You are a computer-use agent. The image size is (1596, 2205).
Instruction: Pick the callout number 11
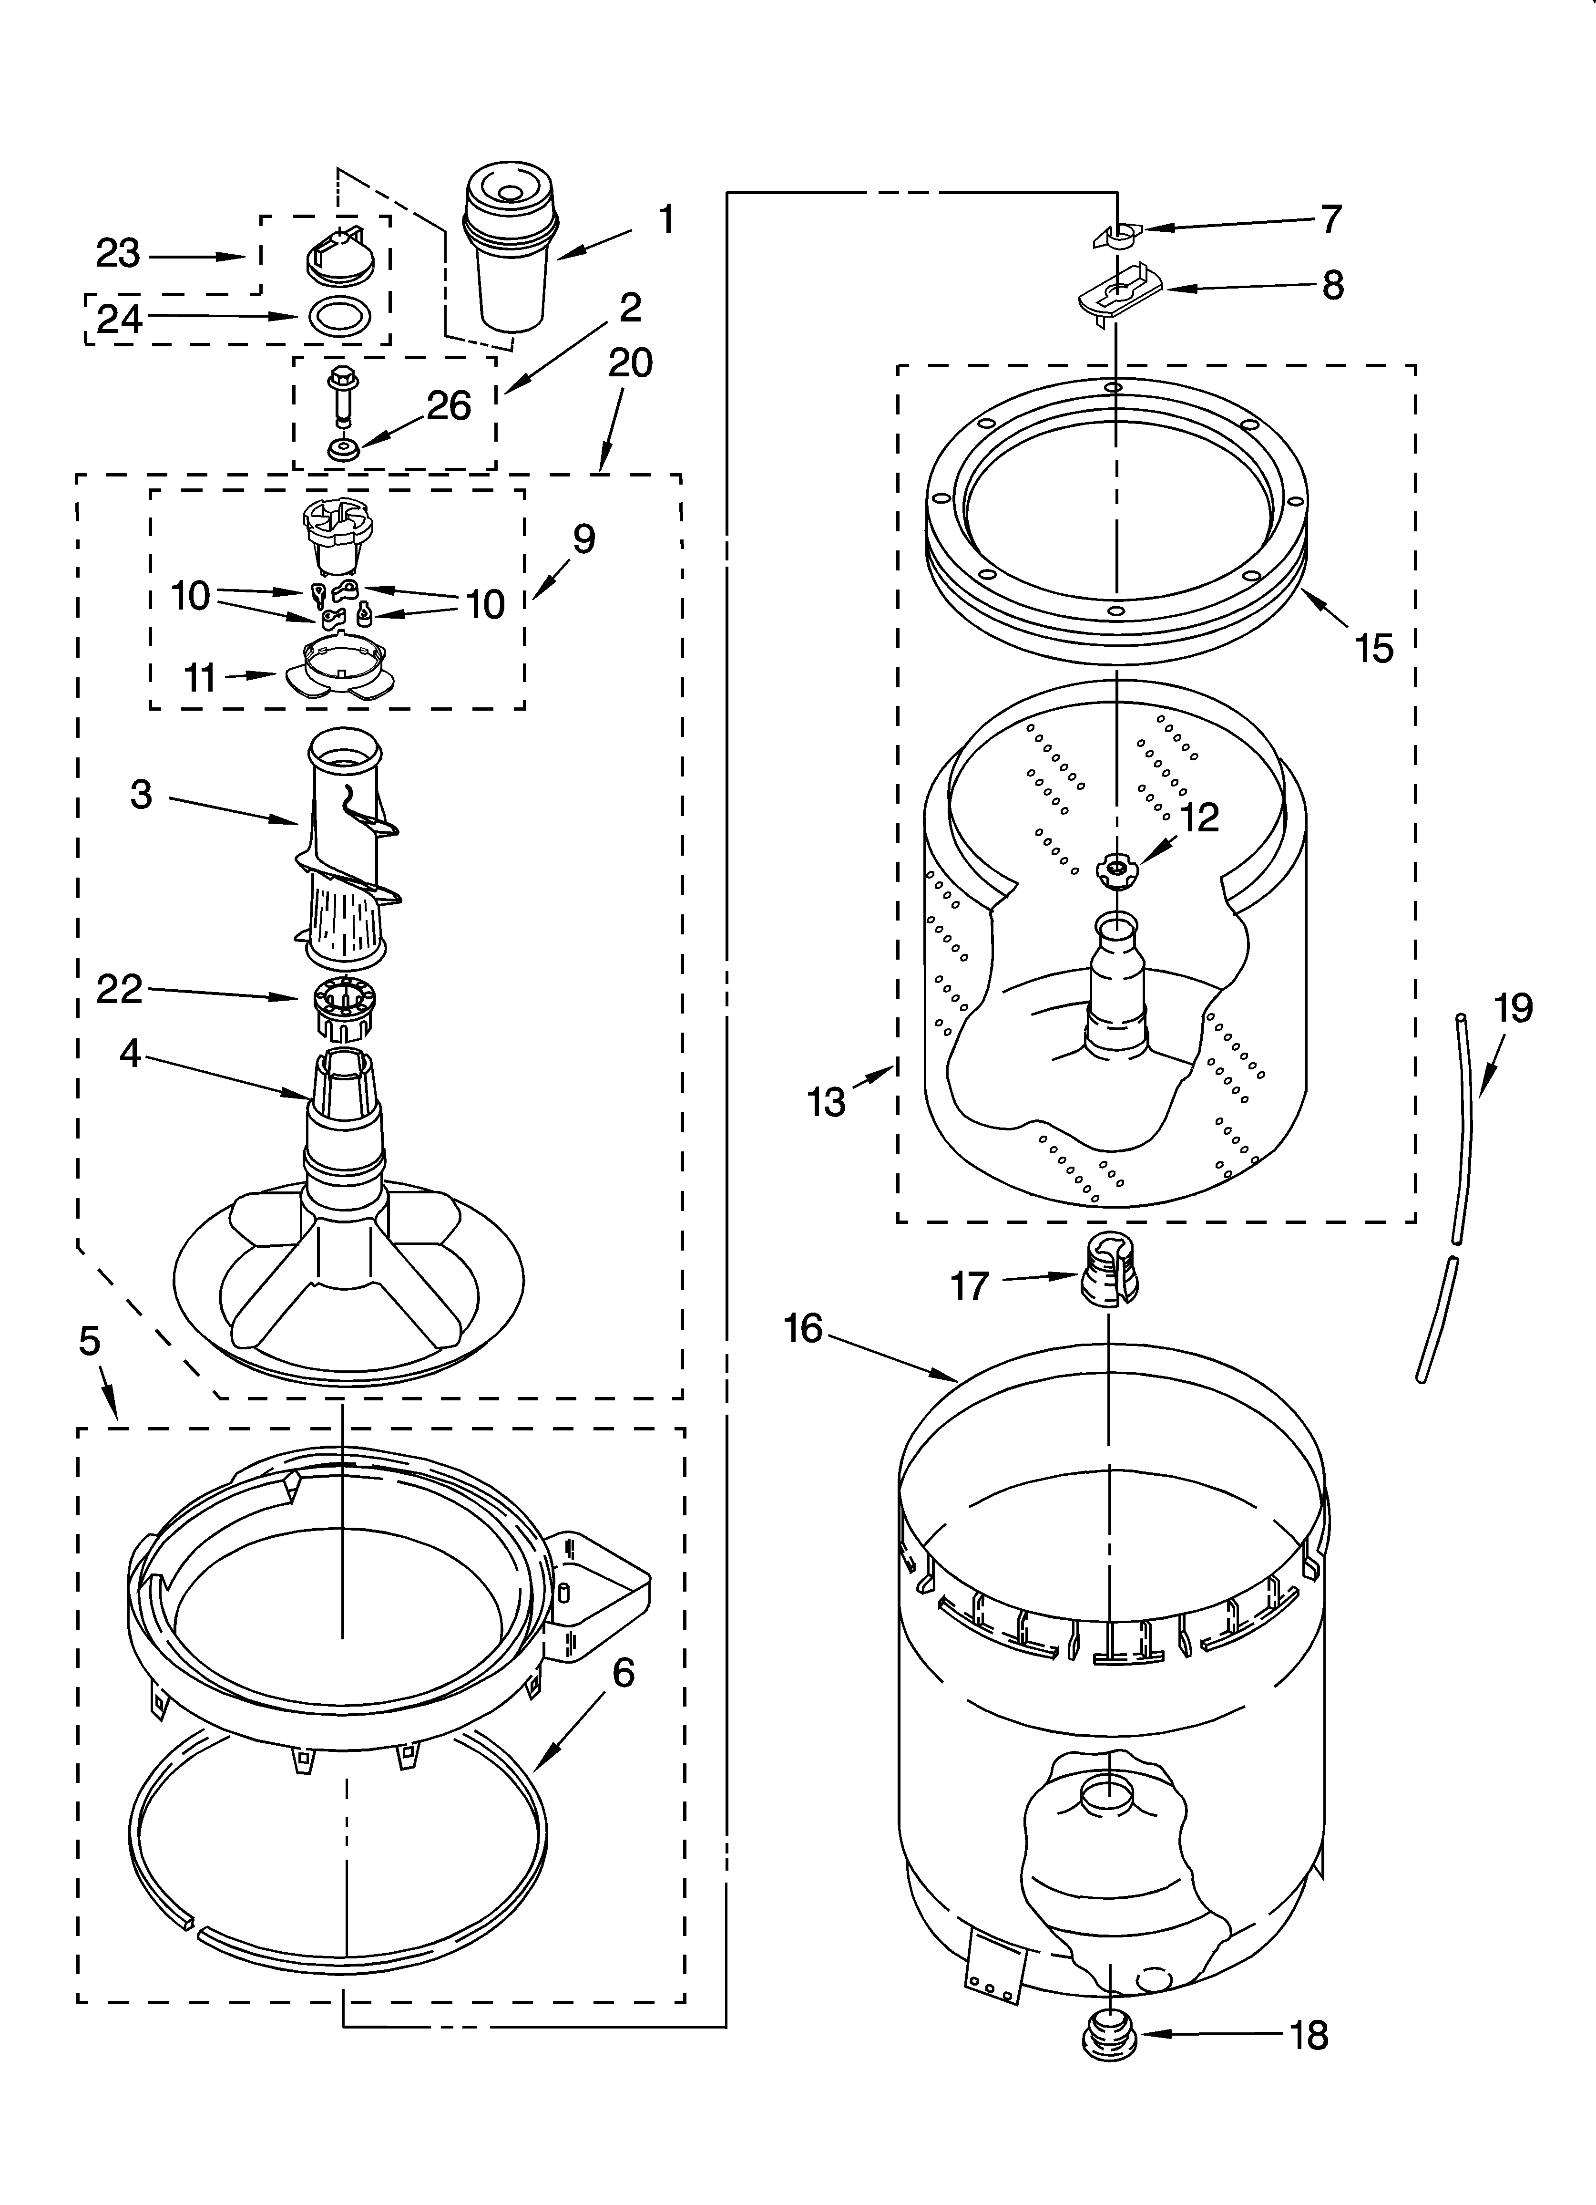[200, 678]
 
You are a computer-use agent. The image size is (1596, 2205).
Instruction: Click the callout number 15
[1373, 649]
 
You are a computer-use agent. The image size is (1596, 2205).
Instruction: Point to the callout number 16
[803, 1328]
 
